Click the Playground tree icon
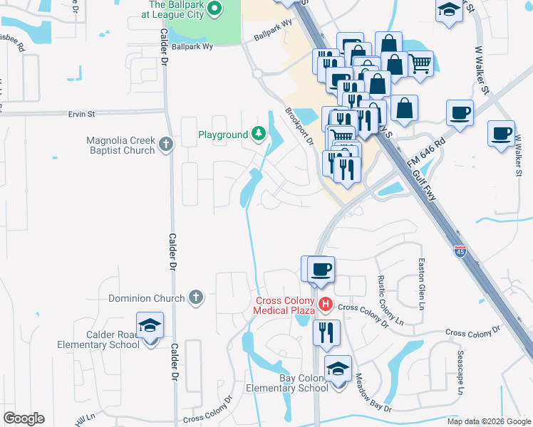pos(257,134)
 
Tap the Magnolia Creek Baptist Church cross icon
pos(166,144)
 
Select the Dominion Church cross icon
pos(196,298)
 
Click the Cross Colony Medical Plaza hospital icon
pos(326,305)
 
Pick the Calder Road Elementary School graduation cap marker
pos(150,327)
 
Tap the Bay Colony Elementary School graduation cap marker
pos(338,370)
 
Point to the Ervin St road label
pos(81,114)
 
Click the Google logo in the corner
pos(24,418)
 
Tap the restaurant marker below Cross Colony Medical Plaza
pos(326,332)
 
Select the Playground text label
pos(223,134)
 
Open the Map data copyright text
pos(488,421)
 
